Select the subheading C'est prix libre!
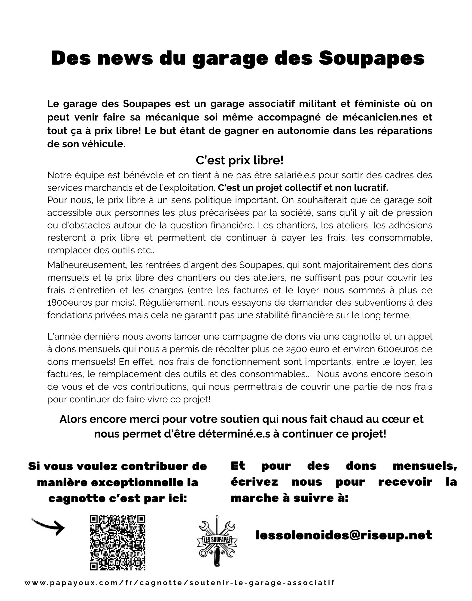coord(239,160)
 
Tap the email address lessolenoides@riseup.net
coord(344,535)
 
